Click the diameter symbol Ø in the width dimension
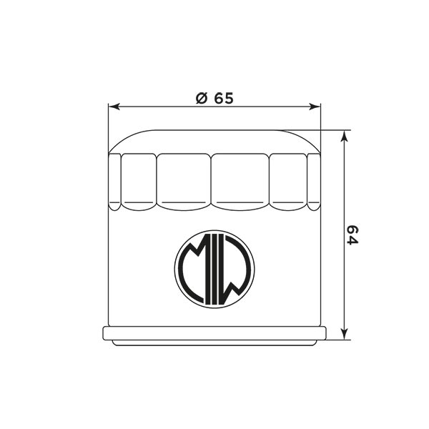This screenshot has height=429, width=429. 201,99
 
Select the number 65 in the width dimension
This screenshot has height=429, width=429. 223,99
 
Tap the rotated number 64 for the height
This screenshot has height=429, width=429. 351,235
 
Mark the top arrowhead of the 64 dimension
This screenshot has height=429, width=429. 345,135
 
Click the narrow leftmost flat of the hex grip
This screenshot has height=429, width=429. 114,182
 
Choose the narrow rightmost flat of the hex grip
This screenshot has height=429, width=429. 314,182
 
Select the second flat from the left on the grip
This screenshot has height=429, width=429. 138,182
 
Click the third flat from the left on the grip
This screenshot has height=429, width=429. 184,182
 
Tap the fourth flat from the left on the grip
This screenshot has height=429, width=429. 240,182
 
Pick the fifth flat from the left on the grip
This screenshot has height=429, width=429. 288,182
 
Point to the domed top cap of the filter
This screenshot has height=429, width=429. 214,141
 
